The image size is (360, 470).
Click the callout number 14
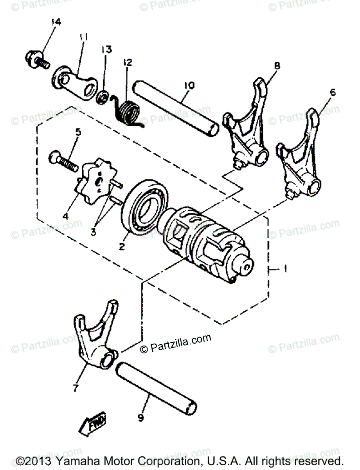pyautogui.click(x=56, y=22)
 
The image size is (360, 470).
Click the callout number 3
pyautogui.click(x=93, y=232)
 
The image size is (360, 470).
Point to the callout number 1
pyautogui.click(x=286, y=269)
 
